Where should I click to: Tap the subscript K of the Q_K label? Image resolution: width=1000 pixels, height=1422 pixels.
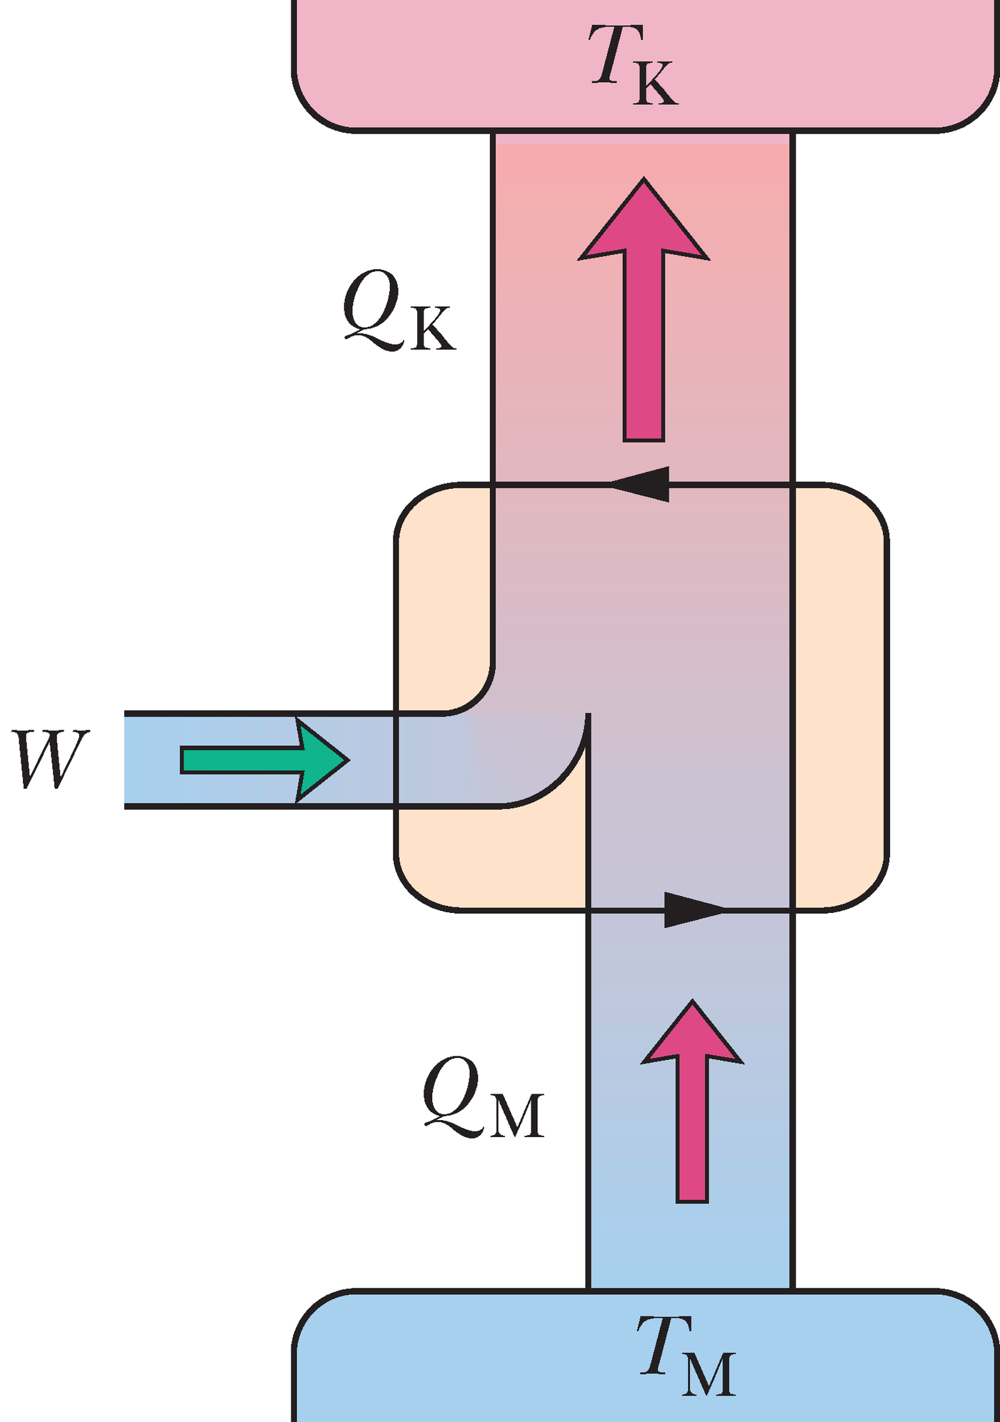pyautogui.click(x=433, y=329)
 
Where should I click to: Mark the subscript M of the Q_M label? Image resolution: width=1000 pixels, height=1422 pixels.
pyautogui.click(x=516, y=1116)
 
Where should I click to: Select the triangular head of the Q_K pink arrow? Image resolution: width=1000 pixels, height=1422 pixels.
pyautogui.click(x=644, y=221)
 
